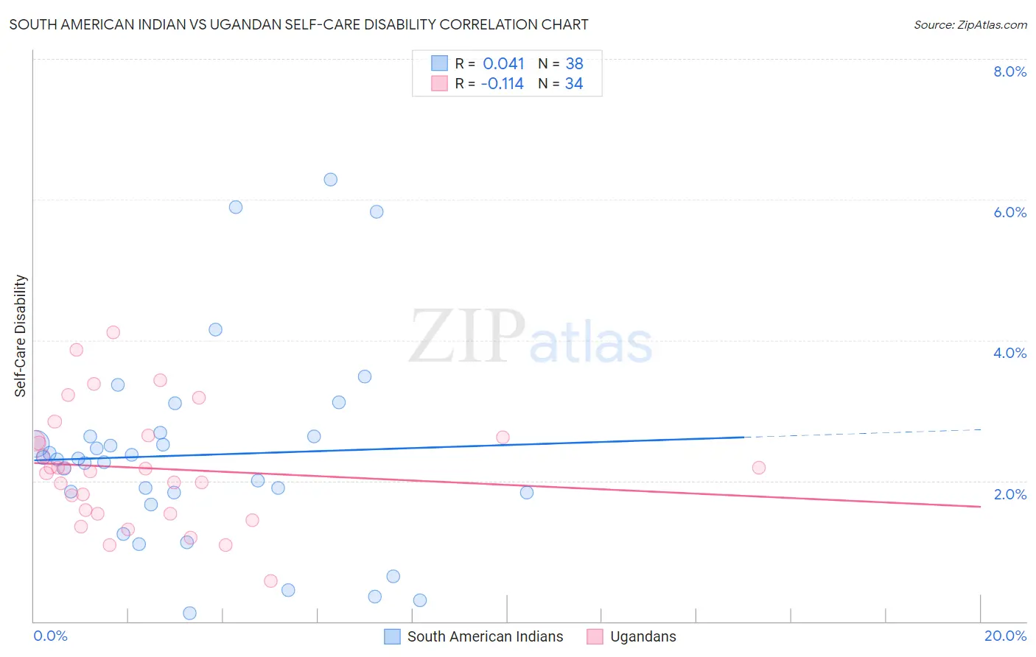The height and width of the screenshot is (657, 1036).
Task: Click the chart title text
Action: pos(298,24)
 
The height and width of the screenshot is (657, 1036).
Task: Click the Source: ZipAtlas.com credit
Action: pos(970,24)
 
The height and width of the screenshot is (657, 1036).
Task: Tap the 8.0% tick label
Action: pos(1009,71)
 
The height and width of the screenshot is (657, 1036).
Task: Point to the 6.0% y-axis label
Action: pos(1009,212)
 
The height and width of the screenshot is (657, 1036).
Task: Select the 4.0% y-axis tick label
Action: pos(1009,353)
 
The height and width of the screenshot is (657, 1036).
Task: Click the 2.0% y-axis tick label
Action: pos(1009,494)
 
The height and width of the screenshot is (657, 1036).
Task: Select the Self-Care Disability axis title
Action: pos(21,336)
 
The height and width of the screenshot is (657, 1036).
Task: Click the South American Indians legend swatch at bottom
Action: pos(393,636)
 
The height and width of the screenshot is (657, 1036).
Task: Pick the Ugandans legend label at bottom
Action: pos(643,636)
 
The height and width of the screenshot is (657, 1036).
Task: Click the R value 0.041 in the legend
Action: pos(503,64)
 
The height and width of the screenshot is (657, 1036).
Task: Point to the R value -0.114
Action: pos(502,84)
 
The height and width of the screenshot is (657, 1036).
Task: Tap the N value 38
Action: pos(574,64)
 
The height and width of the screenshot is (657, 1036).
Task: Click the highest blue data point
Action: pos(331,180)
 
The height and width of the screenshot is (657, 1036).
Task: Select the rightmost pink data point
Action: pos(759,468)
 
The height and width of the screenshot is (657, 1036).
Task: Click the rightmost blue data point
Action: pos(527,492)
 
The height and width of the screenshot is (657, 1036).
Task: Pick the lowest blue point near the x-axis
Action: pos(189,613)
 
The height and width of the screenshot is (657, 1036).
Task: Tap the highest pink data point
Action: pos(113,332)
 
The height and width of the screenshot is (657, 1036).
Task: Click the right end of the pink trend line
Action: pos(980,507)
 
